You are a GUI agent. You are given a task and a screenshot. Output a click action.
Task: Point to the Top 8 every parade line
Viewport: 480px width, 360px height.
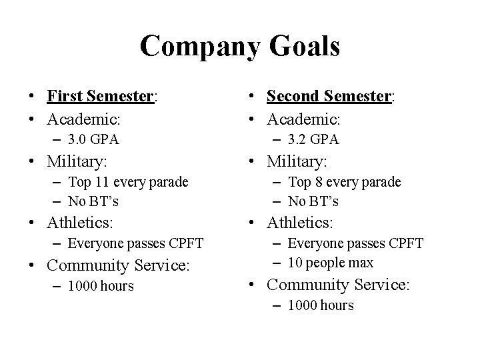click(x=344, y=181)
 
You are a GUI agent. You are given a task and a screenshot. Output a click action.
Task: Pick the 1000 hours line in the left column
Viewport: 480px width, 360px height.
click(x=101, y=286)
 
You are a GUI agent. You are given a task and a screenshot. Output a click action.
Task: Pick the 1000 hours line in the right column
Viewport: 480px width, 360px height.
click(x=321, y=305)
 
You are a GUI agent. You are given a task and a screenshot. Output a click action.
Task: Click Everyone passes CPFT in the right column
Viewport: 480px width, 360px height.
click(x=355, y=243)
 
